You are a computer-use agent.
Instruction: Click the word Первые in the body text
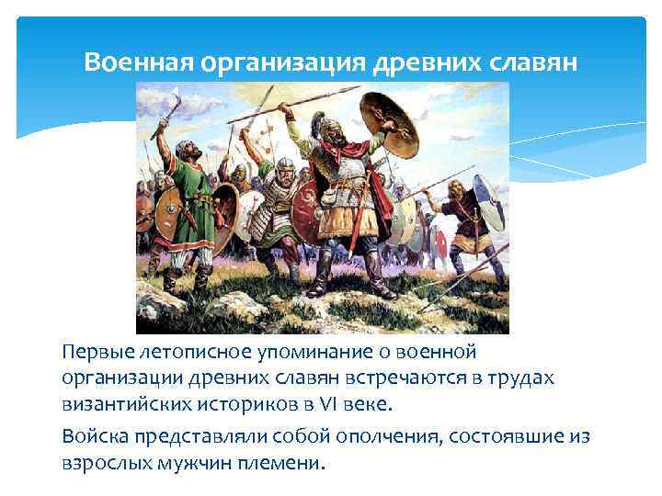click(x=93, y=353)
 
